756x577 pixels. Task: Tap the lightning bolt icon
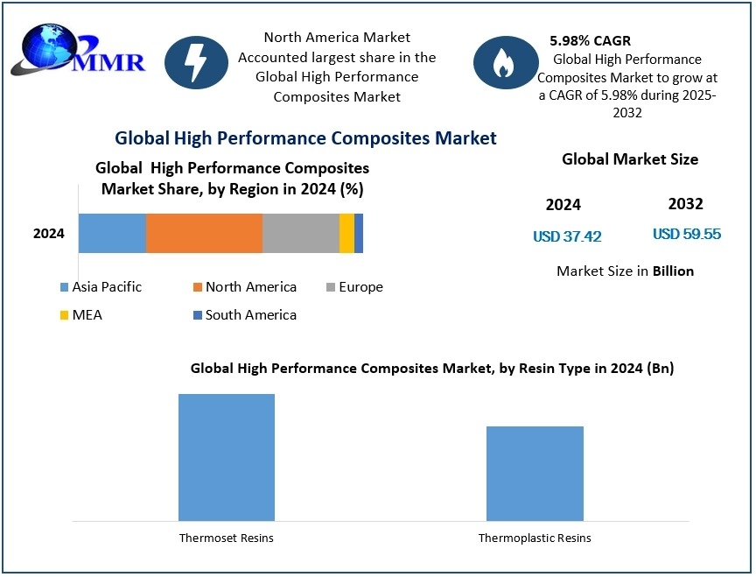[x=196, y=62]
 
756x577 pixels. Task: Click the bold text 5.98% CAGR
[x=590, y=41]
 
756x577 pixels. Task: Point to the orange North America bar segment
[x=204, y=233]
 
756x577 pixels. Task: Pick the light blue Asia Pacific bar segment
[x=112, y=233]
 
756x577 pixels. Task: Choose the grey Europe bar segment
[x=300, y=233]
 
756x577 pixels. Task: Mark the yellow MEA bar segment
[x=346, y=233]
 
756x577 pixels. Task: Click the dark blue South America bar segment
[x=359, y=233]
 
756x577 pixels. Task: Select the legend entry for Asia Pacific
[x=100, y=287]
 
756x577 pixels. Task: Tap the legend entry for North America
[x=244, y=287]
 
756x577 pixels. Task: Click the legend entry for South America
[x=244, y=315]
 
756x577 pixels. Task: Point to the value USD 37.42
[x=567, y=236]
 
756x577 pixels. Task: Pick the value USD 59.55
[x=687, y=234]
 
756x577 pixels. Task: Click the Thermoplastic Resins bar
[x=535, y=474]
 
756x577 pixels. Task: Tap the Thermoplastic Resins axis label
[x=535, y=538]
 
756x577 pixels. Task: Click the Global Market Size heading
[x=630, y=159]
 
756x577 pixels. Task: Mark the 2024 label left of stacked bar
[x=49, y=234]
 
